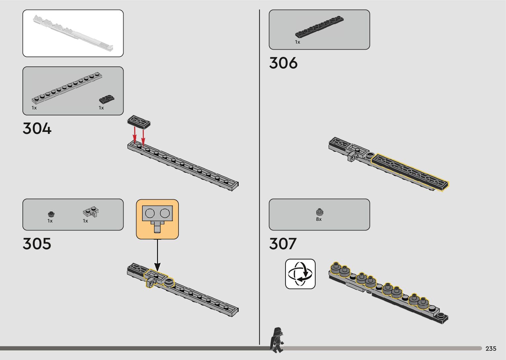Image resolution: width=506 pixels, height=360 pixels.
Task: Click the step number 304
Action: pos(37,128)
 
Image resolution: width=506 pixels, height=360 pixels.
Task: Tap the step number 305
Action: pos(37,244)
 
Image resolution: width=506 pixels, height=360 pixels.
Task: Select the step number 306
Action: pos(283,63)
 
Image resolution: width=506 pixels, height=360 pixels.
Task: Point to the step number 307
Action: pos(283,244)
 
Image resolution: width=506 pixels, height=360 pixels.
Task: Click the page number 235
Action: pos(491,348)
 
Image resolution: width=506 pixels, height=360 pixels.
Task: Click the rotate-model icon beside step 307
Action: pos(300,274)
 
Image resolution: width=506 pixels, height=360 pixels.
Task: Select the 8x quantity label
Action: pos(319,219)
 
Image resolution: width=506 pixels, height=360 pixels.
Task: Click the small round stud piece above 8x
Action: pos(319,212)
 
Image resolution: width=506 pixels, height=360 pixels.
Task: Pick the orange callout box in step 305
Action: pos(157,219)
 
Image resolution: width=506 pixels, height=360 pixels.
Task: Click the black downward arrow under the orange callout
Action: pos(158,255)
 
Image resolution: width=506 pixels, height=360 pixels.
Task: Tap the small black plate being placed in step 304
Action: pos(139,122)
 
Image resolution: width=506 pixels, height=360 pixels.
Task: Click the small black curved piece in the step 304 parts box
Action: pos(107,99)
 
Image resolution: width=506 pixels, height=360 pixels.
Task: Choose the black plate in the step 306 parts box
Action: pos(319,26)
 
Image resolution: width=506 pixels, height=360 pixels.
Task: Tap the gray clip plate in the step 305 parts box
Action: pos(91,212)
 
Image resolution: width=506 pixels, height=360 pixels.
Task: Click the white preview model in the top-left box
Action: pos(73,33)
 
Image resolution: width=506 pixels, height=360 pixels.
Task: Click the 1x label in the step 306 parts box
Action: pos(297,42)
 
